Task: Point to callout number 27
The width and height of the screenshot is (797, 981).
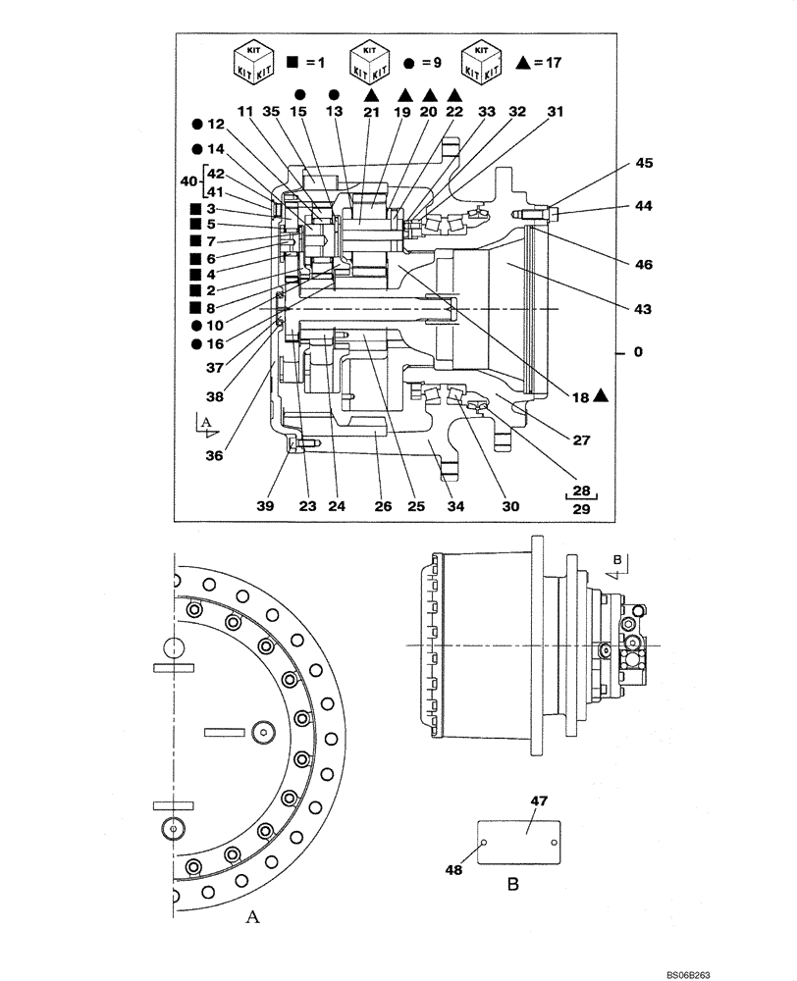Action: click(x=582, y=440)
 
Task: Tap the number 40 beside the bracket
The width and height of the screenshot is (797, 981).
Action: click(x=188, y=182)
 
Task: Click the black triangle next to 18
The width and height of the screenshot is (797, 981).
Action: click(x=601, y=394)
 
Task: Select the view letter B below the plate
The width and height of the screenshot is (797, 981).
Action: click(x=512, y=883)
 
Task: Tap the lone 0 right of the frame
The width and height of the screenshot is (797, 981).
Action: click(x=638, y=351)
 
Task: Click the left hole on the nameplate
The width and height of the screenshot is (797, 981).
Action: click(x=483, y=841)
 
